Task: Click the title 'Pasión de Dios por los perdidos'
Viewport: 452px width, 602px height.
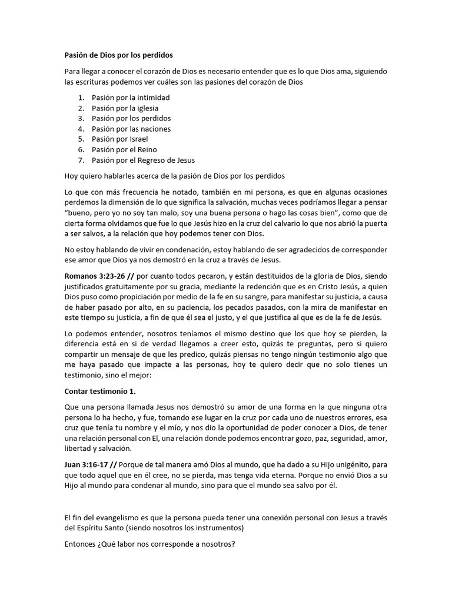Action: point(118,56)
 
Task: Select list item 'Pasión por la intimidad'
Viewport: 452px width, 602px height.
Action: point(130,98)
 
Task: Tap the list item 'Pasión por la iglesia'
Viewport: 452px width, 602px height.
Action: point(125,108)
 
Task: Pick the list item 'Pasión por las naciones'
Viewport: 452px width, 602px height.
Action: point(131,129)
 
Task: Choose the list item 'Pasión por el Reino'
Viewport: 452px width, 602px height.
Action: point(124,150)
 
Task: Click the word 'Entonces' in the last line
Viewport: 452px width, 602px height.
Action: point(81,544)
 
